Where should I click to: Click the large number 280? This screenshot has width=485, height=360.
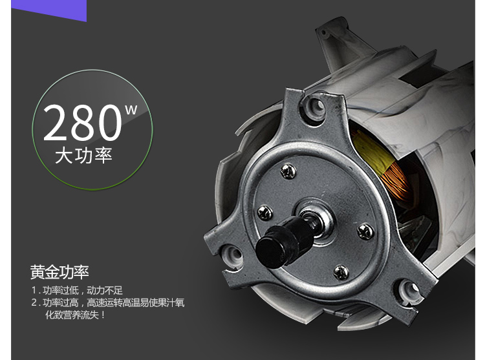coord(82,122)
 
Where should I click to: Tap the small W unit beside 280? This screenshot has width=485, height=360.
coord(131,110)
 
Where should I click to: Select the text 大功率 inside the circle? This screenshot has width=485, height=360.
coord(83,155)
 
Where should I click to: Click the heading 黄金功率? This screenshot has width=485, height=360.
coord(59,272)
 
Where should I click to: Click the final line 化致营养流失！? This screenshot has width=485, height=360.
coord(75,315)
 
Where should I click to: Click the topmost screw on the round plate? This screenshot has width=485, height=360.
coord(288,171)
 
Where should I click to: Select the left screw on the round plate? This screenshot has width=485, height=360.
coord(265,213)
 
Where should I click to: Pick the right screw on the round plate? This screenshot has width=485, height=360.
coord(365,231)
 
